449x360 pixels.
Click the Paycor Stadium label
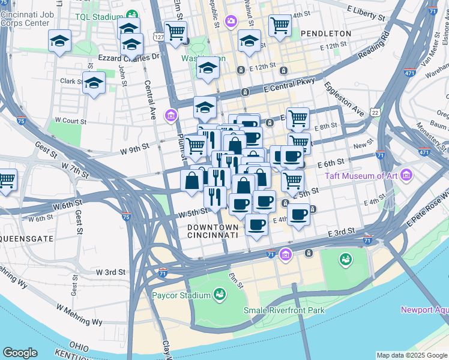(181, 295)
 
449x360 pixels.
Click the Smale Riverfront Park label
(284, 310)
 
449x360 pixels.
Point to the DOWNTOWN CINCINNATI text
(212, 232)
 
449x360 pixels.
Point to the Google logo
(20, 352)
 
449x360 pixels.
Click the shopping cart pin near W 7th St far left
(7, 180)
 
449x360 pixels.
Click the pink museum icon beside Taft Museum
(407, 175)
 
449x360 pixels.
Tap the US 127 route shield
(158, 37)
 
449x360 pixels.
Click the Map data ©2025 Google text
(412, 355)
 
